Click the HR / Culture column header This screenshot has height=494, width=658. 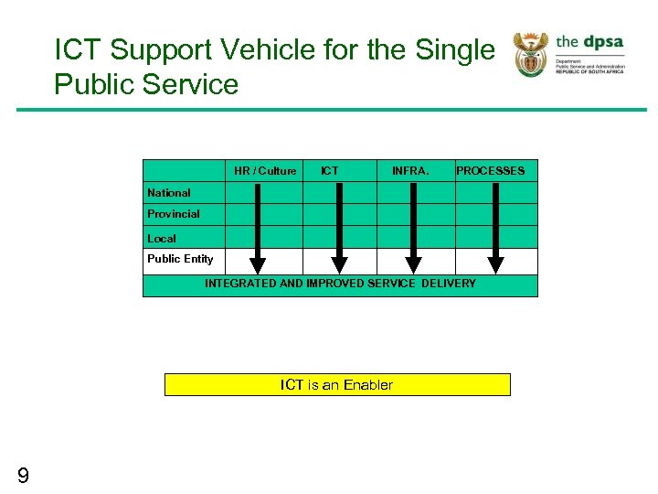coord(265,171)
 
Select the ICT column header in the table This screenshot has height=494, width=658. coord(330,171)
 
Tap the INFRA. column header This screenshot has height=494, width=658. coord(410,171)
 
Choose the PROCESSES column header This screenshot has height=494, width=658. coord(491,171)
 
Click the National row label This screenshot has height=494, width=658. coord(169,193)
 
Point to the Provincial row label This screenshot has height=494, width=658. coord(174,214)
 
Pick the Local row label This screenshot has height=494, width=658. coord(162,239)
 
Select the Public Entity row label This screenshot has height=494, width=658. coord(180,259)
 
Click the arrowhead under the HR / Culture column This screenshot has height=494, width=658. coord(258,264)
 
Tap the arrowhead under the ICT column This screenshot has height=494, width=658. coord(339,264)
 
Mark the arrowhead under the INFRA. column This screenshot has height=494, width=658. coord(414,264)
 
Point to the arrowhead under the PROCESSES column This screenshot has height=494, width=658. coord(495,264)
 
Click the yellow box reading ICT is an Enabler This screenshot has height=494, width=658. coord(337,385)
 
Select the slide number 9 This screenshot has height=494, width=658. coord(23,475)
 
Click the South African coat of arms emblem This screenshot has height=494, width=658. coord(530,54)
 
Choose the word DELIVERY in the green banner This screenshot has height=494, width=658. coord(448,284)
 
